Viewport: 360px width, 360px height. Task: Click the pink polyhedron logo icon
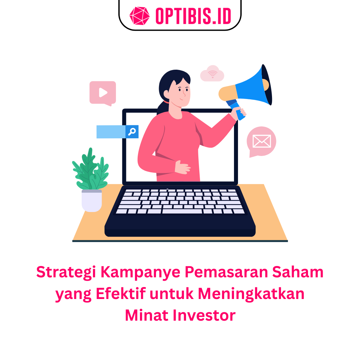(x=140, y=16)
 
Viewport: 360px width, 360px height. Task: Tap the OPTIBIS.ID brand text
(x=193, y=16)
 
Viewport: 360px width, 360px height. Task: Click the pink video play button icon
(x=103, y=93)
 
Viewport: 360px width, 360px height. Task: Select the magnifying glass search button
(x=132, y=132)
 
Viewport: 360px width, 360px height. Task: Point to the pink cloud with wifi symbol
(x=212, y=73)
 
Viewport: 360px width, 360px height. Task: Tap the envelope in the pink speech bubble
(x=262, y=141)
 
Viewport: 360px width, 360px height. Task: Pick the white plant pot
(x=92, y=201)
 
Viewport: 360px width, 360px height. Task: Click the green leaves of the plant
(x=90, y=170)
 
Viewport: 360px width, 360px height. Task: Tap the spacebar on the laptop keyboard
(x=182, y=211)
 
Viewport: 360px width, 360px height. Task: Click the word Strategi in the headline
(x=66, y=272)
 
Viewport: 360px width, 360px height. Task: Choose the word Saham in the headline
(x=298, y=272)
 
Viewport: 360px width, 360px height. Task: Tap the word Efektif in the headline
(x=121, y=293)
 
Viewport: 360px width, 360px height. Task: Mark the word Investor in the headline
(x=204, y=315)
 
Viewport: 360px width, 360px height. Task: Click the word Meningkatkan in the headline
(x=251, y=294)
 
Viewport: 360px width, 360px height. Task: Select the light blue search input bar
(x=111, y=132)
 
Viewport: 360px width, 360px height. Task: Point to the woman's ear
(x=166, y=94)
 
